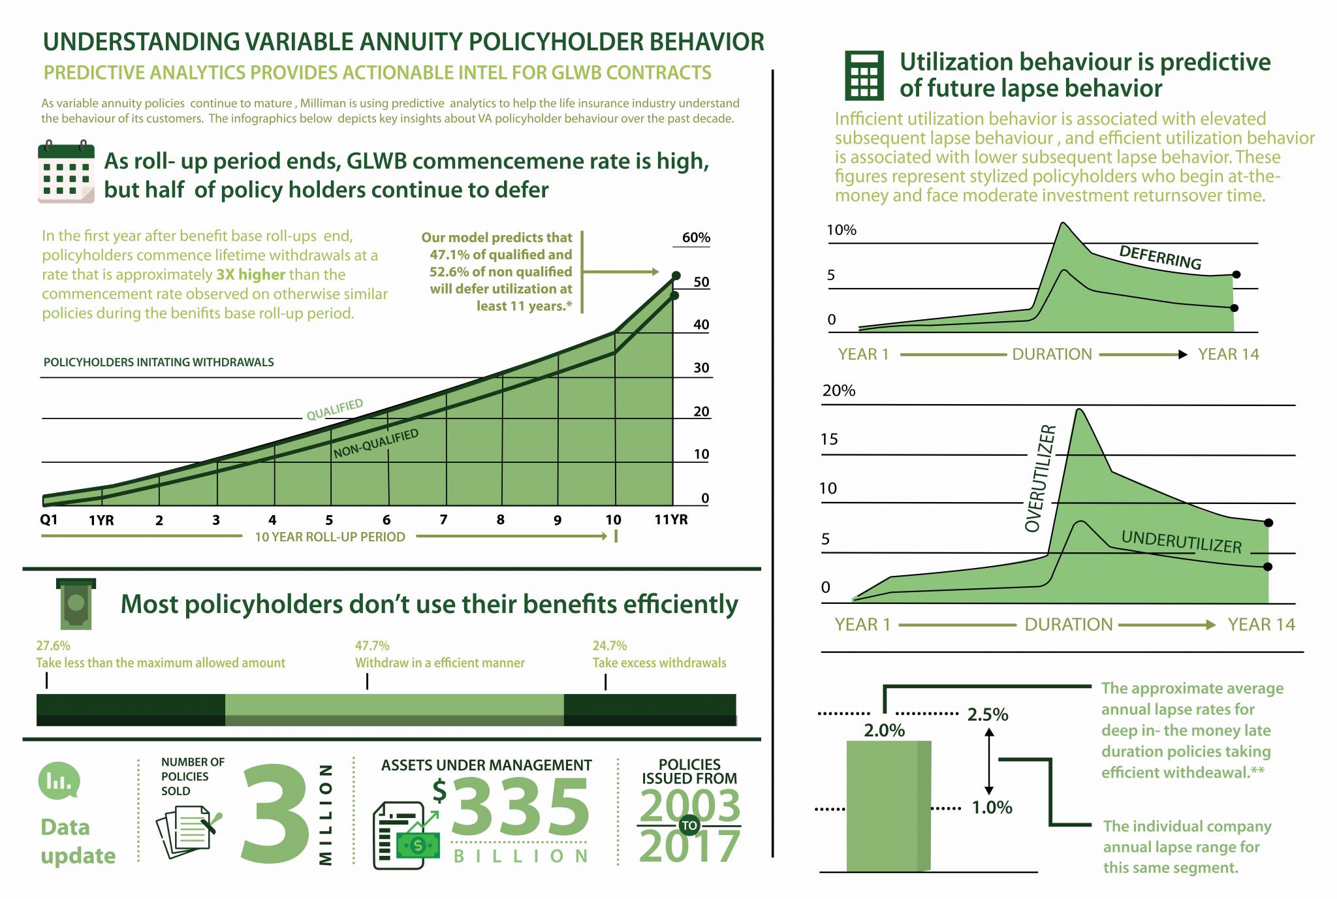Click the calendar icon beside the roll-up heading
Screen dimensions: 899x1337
pyautogui.click(x=66, y=172)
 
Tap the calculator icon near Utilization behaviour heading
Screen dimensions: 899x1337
pyautogui.click(x=864, y=76)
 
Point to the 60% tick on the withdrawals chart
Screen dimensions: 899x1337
pyautogui.click(x=695, y=238)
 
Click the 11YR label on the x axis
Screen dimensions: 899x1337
pyautogui.click(x=670, y=520)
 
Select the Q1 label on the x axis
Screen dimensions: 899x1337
pyautogui.click(x=49, y=520)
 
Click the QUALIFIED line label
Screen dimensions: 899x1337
pyautogui.click(x=335, y=409)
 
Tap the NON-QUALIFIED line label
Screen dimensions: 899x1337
pyautogui.click(x=376, y=444)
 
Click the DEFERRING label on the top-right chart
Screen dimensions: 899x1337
pyautogui.click(x=1160, y=257)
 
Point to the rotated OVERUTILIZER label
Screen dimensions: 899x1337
pyautogui.click(x=1040, y=478)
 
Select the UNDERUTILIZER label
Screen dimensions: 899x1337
pyautogui.click(x=1181, y=542)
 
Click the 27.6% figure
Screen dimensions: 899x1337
pyautogui.click(x=53, y=646)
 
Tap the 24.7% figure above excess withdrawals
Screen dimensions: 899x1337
pyautogui.click(x=609, y=646)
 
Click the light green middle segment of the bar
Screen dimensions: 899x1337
pyautogui.click(x=394, y=710)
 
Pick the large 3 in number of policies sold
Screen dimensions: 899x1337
pyautogui.click(x=275, y=813)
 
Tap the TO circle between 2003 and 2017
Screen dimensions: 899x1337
pyautogui.click(x=689, y=826)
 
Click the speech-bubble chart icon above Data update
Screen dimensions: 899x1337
pyautogui.click(x=59, y=781)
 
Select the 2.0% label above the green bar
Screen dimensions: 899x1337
pyautogui.click(x=884, y=731)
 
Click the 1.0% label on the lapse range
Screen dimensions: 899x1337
pyautogui.click(x=992, y=808)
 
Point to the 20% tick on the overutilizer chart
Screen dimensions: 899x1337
pyautogui.click(x=838, y=390)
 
